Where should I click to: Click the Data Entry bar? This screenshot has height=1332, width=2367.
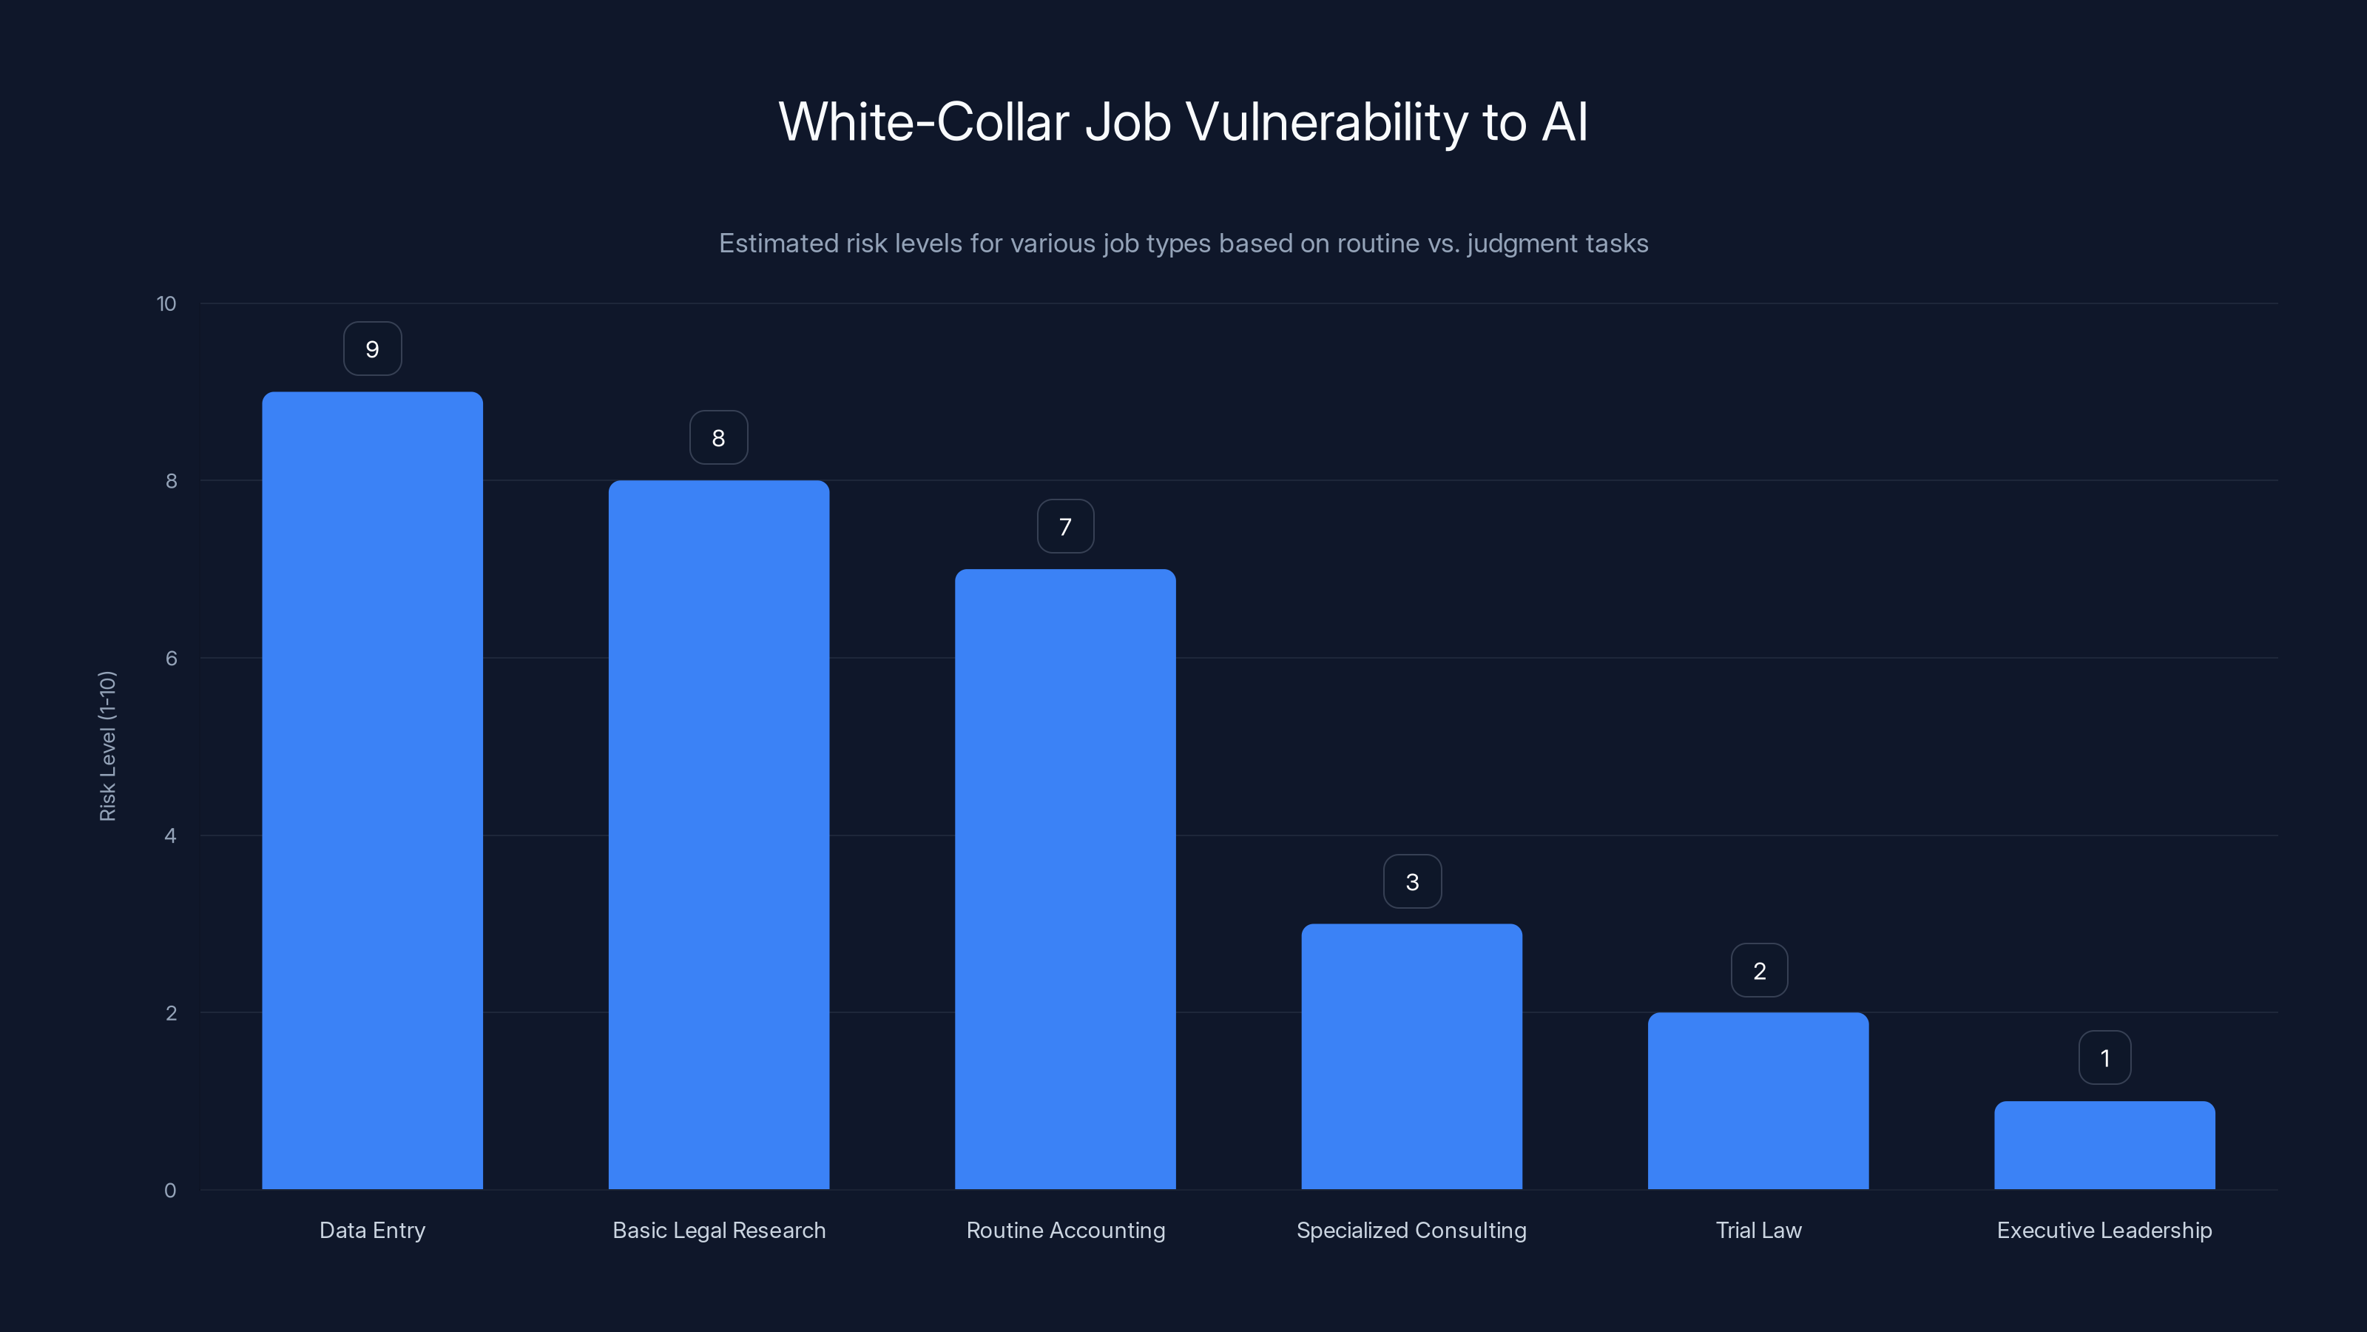point(372,790)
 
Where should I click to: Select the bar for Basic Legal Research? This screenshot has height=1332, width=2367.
point(718,835)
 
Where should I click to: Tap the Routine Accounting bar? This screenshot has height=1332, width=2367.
point(1065,879)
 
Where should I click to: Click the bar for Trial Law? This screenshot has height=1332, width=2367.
point(1757,1100)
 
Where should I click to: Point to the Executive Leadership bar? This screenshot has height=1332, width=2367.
point(2104,1145)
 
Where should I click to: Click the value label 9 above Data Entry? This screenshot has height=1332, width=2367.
point(372,349)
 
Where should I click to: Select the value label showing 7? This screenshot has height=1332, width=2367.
point(1065,527)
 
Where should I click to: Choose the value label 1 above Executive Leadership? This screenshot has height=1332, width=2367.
point(2104,1058)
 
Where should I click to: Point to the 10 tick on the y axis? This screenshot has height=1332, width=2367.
point(166,303)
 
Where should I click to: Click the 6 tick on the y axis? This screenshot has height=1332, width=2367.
point(171,658)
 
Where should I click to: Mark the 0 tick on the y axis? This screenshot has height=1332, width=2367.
point(170,1191)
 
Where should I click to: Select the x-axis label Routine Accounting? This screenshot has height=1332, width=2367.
point(1066,1230)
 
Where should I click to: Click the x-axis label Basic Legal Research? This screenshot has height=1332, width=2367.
point(718,1230)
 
